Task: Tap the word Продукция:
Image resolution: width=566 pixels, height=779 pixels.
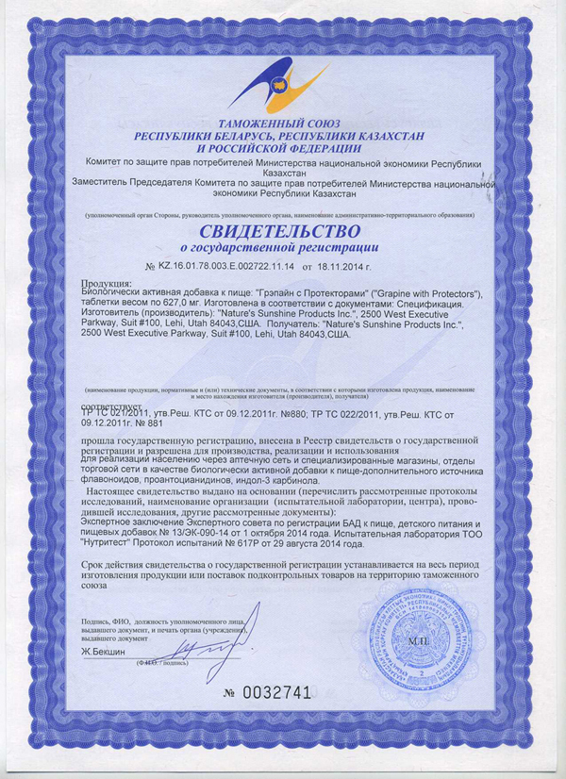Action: click(x=108, y=284)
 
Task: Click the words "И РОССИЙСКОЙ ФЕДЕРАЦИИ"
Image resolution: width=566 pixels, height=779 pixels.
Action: click(x=279, y=148)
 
